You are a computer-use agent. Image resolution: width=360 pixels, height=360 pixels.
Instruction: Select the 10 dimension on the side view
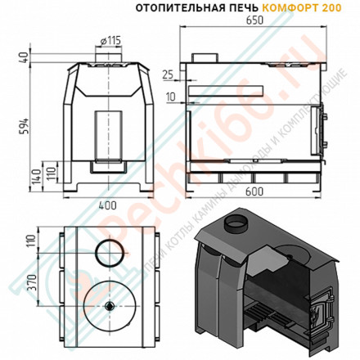click(169, 97)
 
